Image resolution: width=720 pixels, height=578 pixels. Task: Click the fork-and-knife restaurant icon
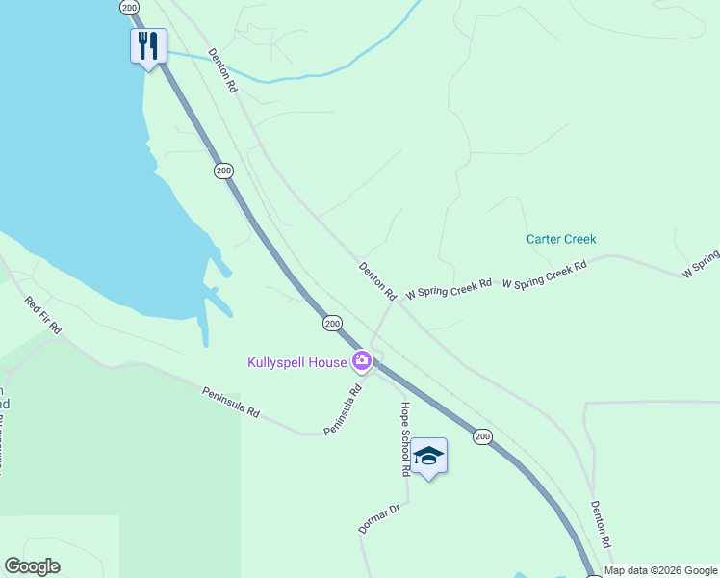pos(148,44)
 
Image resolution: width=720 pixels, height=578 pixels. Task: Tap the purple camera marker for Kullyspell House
pos(362,361)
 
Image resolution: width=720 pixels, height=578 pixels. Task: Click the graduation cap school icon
pos(429,459)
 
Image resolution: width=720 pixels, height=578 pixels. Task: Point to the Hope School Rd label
pos(405,439)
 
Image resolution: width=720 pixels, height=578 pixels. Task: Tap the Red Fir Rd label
pos(43,315)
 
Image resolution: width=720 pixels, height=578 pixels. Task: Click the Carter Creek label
pos(561,239)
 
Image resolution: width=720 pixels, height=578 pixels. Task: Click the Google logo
pos(32,566)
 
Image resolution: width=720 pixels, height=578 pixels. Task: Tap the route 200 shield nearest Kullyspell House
pos(332,324)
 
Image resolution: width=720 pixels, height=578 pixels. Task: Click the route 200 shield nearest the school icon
pos(482,437)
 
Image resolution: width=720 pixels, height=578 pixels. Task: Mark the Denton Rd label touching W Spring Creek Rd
pos(378,280)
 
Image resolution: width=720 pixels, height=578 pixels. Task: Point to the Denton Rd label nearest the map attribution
pos(602,524)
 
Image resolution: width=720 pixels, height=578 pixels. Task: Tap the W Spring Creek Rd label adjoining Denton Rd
pos(449,288)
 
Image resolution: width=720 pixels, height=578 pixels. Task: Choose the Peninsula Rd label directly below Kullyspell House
pos(342,409)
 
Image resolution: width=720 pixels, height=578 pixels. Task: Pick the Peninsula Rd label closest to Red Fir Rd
pos(231,402)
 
